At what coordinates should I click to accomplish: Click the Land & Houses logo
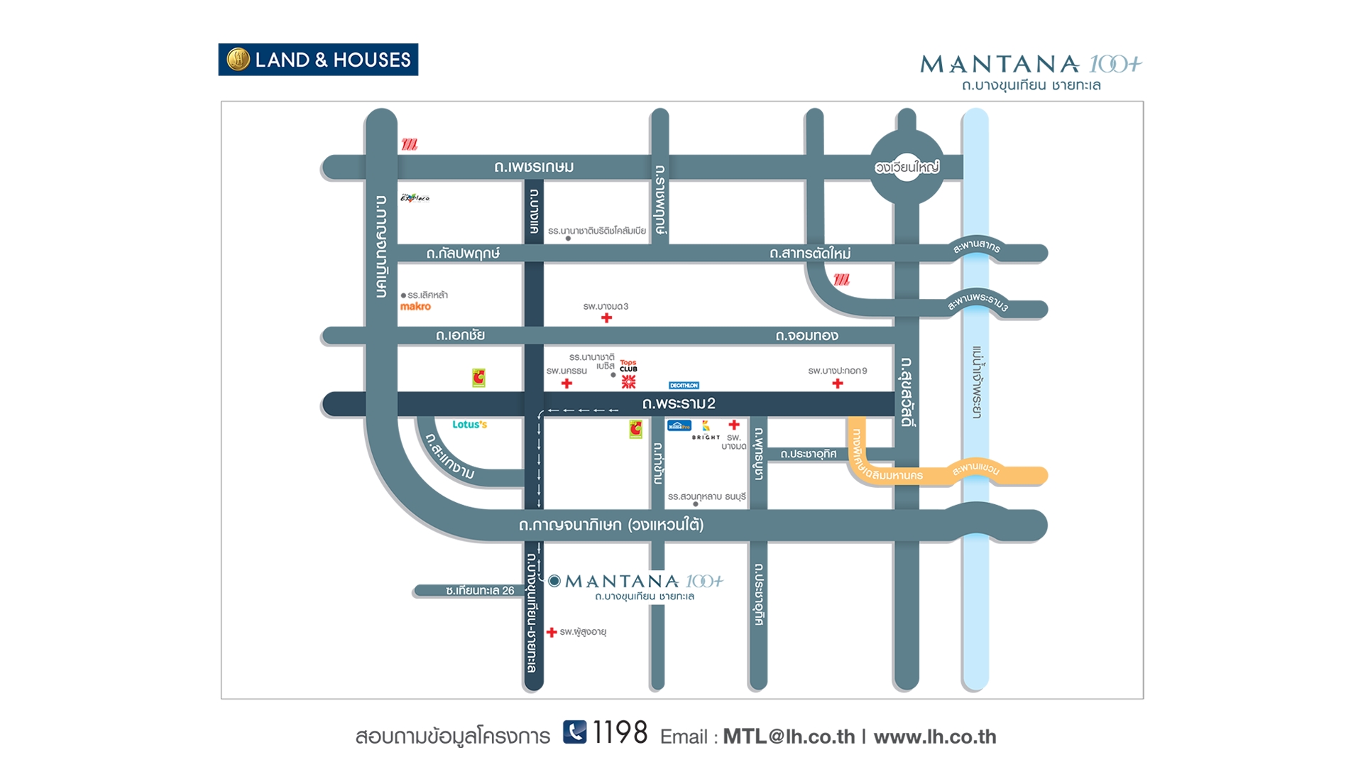coord(318,60)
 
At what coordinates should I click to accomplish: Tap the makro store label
coord(415,307)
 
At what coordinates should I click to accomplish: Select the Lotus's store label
coord(469,425)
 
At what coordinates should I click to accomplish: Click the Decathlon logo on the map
coord(684,386)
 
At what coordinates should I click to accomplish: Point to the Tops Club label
coord(628,366)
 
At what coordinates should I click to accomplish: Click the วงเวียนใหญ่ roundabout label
coord(907,168)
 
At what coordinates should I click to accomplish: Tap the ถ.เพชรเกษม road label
coord(534,167)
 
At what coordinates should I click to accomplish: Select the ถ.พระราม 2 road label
coord(679,403)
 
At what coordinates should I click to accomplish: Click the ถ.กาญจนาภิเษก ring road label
coord(611,526)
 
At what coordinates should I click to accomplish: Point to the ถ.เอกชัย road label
coord(460,335)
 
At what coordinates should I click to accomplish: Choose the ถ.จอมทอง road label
coord(806,335)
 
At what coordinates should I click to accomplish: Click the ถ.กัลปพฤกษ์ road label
coord(463,254)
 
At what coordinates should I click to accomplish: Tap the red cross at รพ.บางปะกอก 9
coord(838,383)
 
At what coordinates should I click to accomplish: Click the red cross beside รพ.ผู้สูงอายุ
coord(552,632)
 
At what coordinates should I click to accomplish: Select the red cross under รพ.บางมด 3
coord(606,318)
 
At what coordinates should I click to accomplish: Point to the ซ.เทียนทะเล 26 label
coord(480,591)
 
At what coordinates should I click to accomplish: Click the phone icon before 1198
coord(575,732)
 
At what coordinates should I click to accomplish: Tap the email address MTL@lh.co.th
coord(789,736)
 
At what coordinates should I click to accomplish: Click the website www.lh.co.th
coord(935,736)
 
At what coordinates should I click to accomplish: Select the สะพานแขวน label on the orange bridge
coord(975,469)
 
